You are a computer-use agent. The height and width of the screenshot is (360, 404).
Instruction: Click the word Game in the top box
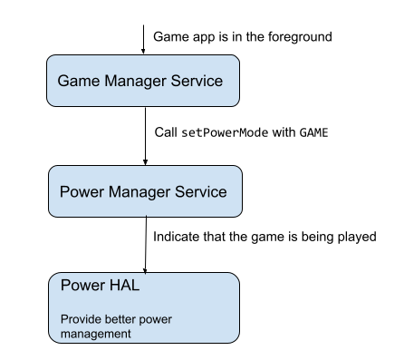pos(75,81)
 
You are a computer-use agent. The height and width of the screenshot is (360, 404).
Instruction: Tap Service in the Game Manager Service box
pos(197,81)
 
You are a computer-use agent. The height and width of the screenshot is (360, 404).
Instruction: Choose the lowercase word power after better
pos(156,319)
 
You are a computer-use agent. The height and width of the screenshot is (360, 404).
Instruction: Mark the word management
pos(95,334)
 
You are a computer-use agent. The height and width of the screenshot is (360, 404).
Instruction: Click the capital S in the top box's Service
pos(178,81)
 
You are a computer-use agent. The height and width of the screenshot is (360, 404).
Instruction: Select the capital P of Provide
pos(63,319)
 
